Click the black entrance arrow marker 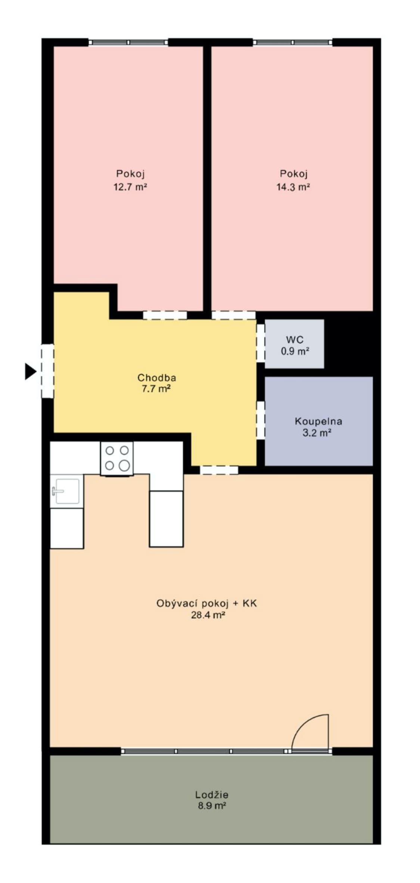[x=30, y=371]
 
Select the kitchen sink [x=67, y=491]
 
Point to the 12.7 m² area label [x=130, y=187]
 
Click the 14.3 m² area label [x=293, y=187]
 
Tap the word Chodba [x=157, y=377]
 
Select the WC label [x=295, y=340]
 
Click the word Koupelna [x=318, y=422]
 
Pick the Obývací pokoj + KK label [x=207, y=604]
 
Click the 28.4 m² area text [x=208, y=615]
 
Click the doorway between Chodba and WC [x=261, y=343]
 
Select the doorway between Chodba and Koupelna [x=261, y=420]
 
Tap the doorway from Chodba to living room [x=219, y=470]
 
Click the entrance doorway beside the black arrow [x=47, y=371]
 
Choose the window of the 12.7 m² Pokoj [x=128, y=42]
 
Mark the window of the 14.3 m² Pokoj [x=293, y=42]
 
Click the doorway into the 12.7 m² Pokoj [x=165, y=315]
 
